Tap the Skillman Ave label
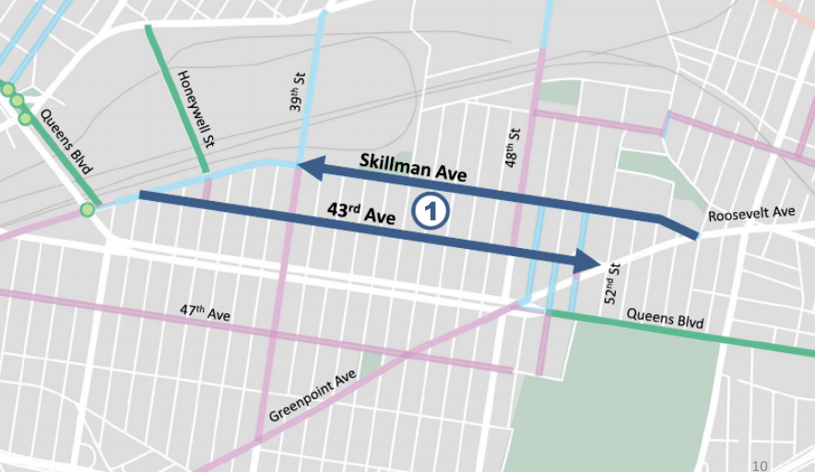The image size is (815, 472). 413,169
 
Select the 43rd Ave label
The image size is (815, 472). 361,213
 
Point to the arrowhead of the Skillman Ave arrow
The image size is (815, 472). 308,167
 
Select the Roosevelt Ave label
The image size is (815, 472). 751,214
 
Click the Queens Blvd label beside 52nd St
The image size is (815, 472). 665,318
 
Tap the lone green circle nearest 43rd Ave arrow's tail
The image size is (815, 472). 88,210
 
